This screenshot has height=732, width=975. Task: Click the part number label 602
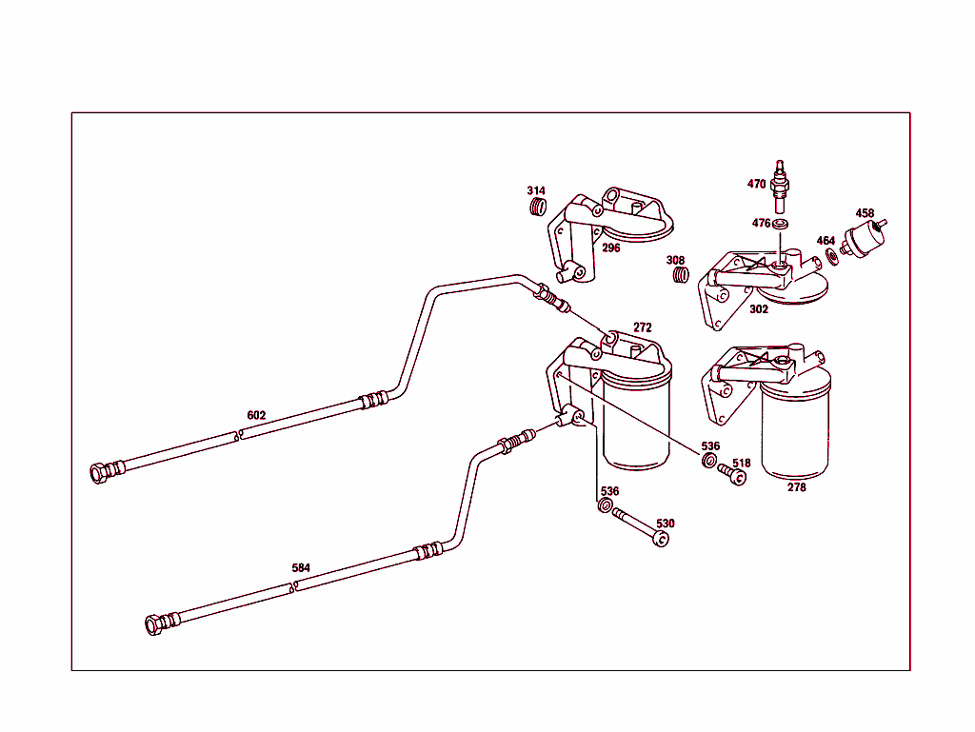click(x=256, y=416)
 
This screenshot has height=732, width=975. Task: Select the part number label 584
click(x=301, y=568)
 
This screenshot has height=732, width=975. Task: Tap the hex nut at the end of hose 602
click(x=98, y=472)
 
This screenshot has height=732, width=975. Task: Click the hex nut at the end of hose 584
click(x=153, y=624)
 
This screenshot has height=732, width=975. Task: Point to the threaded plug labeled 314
click(x=538, y=208)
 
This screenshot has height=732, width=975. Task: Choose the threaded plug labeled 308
click(x=679, y=275)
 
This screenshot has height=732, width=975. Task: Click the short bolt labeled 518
click(x=732, y=473)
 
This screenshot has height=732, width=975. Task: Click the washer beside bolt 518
click(x=708, y=462)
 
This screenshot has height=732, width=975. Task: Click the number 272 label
click(x=643, y=327)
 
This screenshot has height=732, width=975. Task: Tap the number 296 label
click(x=610, y=247)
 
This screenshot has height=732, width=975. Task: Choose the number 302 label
click(x=759, y=309)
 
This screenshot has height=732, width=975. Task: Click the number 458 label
click(x=865, y=213)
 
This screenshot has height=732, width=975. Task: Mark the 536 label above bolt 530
click(x=609, y=491)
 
